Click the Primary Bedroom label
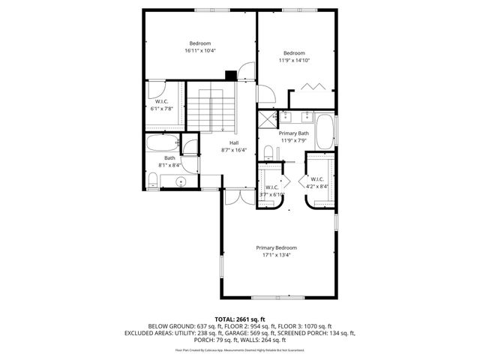[276, 248]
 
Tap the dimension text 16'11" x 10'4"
[200, 51]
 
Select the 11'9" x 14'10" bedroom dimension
[295, 61]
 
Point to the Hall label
[234, 142]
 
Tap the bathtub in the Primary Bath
[325, 131]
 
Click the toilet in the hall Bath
[153, 180]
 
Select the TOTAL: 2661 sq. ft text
[240, 319]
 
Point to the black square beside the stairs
[230, 75]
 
